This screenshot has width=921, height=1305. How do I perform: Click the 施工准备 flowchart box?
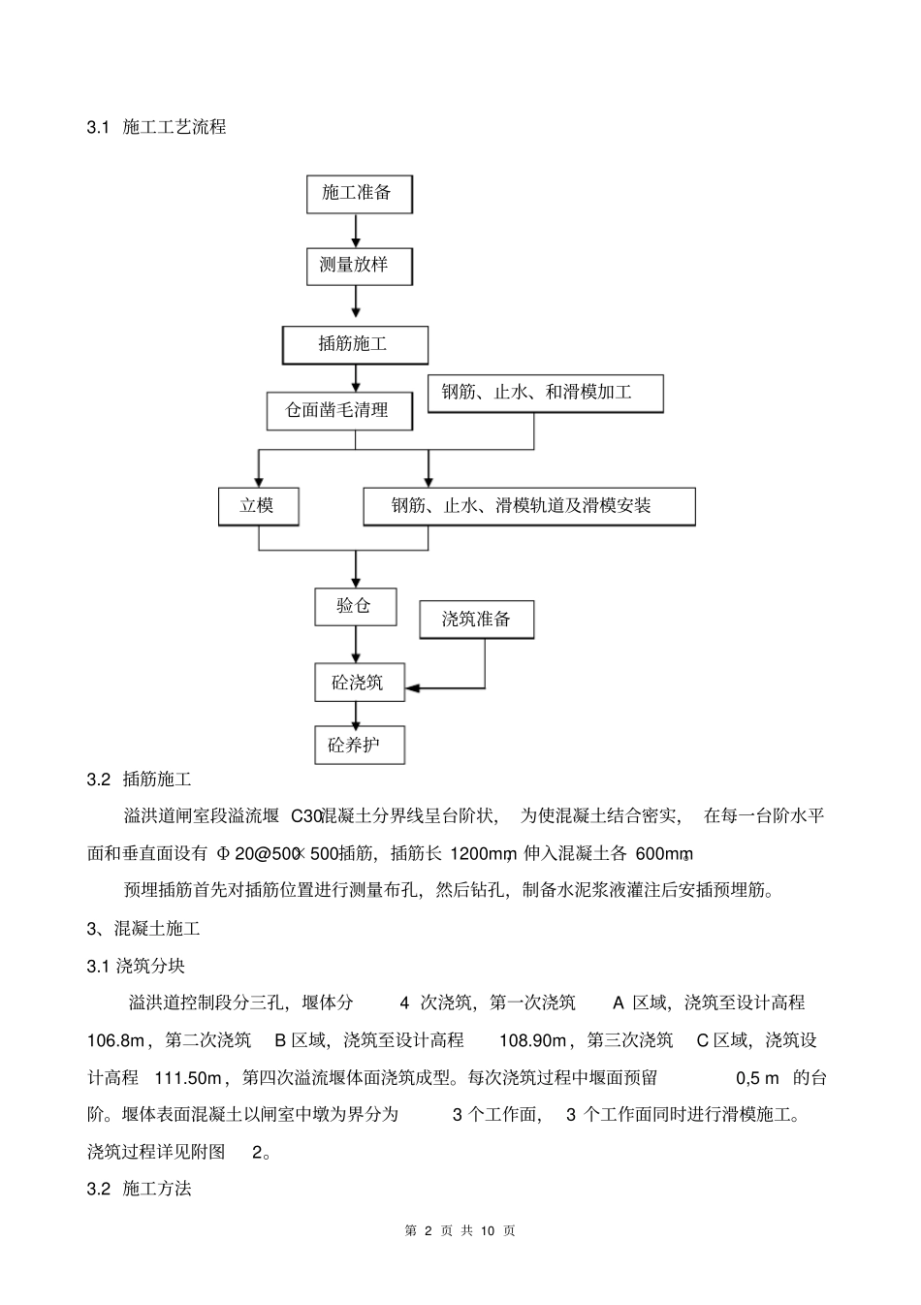tap(357, 193)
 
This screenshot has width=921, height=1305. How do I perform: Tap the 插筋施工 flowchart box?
tap(354, 343)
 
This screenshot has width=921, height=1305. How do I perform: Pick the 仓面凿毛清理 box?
tap(338, 410)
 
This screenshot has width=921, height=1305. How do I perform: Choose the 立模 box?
tap(257, 505)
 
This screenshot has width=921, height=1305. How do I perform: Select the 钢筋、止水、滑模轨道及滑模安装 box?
tap(528, 505)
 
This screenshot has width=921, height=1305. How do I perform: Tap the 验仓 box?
tap(354, 606)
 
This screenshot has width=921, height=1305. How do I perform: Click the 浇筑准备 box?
tap(476, 619)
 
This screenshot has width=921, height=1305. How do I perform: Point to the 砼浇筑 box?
tap(358, 683)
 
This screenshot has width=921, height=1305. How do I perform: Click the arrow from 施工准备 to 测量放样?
tap(356, 230)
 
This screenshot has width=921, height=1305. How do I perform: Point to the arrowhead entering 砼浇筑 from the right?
tap(413, 688)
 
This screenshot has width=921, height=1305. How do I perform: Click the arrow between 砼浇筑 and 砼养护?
tap(356, 714)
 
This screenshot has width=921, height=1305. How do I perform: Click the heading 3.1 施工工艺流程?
tap(156, 126)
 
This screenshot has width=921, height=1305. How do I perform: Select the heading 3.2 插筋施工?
tap(140, 779)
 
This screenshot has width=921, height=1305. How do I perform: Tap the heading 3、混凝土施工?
tap(143, 928)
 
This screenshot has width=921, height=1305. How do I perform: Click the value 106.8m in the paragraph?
tap(116, 1040)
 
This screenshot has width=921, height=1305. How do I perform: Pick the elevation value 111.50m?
tap(190, 1077)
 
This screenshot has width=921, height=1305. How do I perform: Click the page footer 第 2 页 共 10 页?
tap(460, 1230)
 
